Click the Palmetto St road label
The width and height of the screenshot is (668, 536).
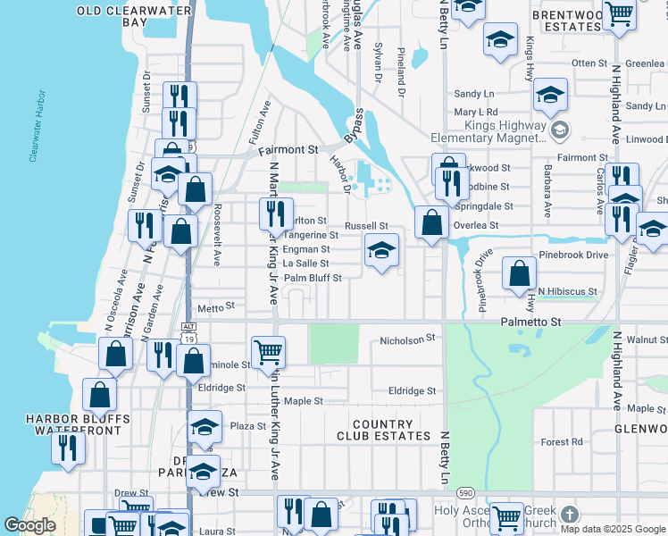click(x=530, y=321)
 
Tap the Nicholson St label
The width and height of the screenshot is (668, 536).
click(x=406, y=339)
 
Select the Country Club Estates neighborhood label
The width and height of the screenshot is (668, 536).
click(x=382, y=430)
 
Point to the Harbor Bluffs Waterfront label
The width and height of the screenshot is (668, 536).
click(x=65, y=424)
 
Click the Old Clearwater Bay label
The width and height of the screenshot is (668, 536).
click(x=121, y=16)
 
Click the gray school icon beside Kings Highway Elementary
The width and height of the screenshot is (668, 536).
click(x=560, y=131)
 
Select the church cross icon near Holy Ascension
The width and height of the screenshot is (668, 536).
click(x=570, y=515)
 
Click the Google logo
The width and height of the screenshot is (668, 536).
click(x=30, y=526)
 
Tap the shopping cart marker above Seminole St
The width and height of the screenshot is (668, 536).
click(x=268, y=352)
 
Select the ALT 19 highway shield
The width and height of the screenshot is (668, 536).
click(x=188, y=332)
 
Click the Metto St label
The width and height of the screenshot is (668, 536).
click(x=215, y=306)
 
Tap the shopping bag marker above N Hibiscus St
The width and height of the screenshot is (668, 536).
click(x=519, y=273)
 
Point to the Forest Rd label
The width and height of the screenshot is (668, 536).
click(x=562, y=441)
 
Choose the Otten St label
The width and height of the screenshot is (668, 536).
click(x=589, y=63)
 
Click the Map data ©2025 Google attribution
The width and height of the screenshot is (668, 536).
click(x=613, y=529)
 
